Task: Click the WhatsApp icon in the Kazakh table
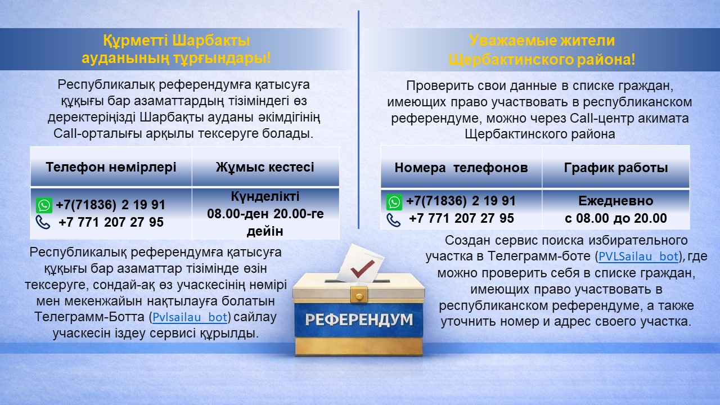point(44,205)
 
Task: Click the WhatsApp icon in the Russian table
point(394,202)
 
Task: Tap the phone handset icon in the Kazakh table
point(43,222)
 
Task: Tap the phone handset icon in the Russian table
point(394,219)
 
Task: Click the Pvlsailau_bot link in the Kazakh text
point(190,317)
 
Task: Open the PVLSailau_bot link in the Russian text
point(638,256)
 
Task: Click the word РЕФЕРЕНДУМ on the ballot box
point(359,320)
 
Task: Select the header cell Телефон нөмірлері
point(111,167)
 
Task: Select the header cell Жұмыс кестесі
point(265,167)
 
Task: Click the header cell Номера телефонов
point(461,168)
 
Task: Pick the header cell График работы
point(616,168)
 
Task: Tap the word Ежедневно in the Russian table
point(616,201)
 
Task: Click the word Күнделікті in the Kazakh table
point(265,197)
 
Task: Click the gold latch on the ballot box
point(358,294)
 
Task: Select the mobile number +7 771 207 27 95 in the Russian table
point(461,218)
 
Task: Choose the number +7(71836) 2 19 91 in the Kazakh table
point(110,205)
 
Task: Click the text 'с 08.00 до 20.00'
point(616,218)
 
